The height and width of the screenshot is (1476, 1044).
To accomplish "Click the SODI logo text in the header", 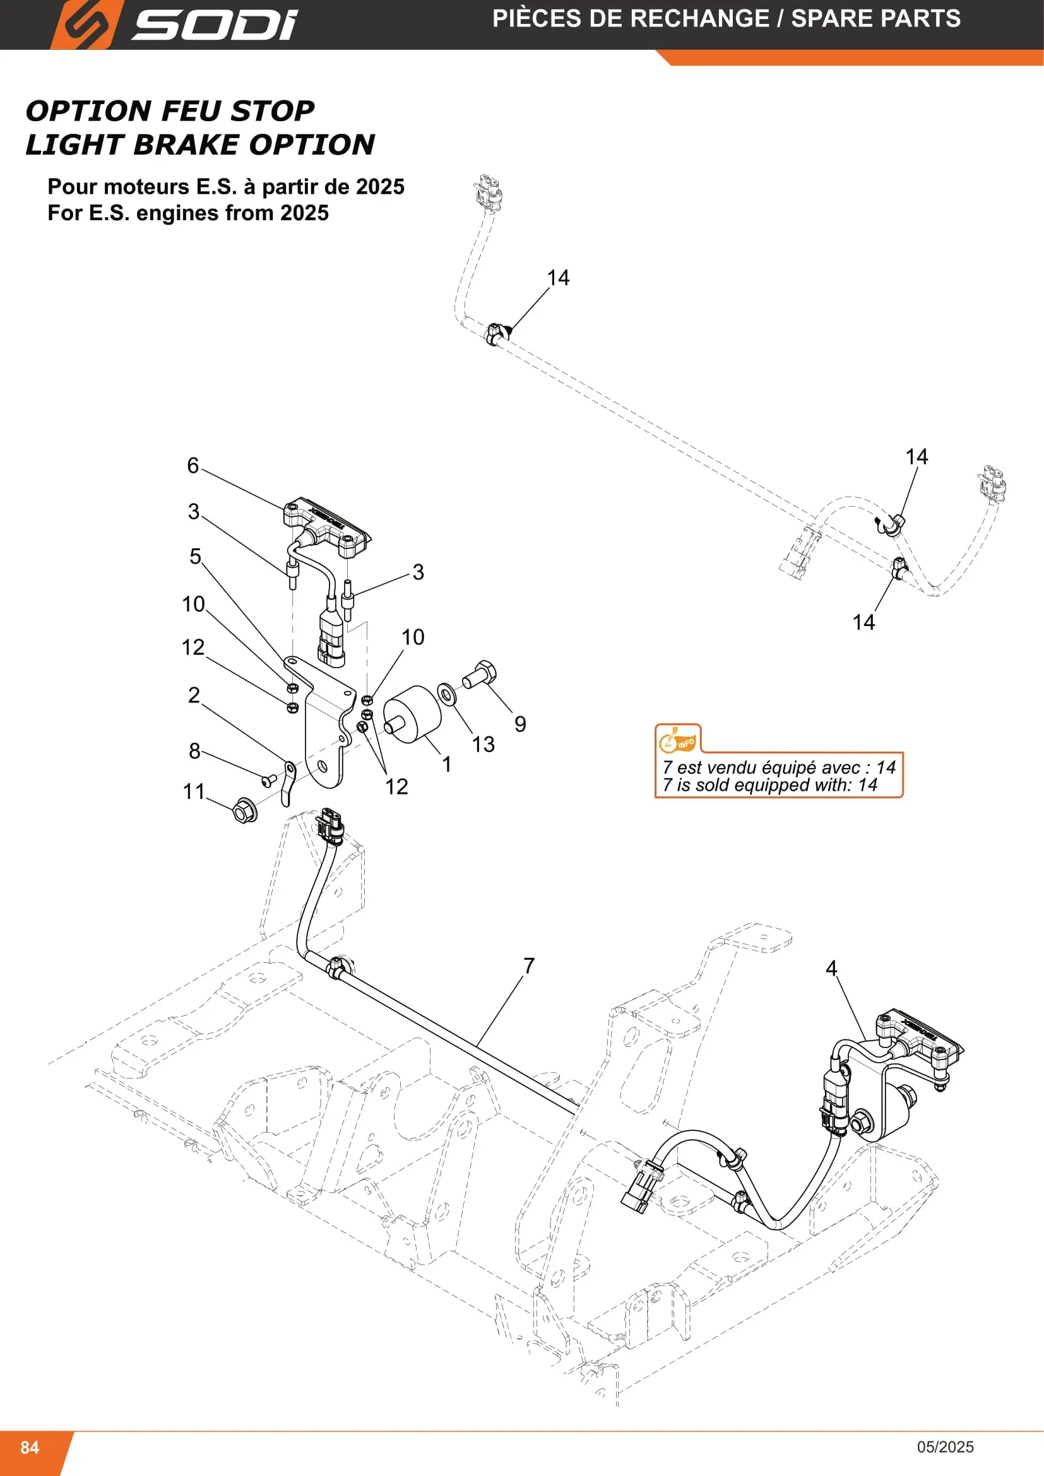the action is (x=215, y=25).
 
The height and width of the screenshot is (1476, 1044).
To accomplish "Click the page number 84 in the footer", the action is (x=30, y=1447).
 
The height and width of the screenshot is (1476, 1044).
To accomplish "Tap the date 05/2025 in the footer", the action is (x=945, y=1447).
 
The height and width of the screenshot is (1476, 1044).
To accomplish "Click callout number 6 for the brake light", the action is (x=193, y=466).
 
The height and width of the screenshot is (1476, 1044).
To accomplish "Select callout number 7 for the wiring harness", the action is (x=529, y=965).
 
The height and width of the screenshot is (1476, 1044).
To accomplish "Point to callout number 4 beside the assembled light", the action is (x=831, y=968).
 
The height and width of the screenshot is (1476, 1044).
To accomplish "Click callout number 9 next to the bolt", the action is (x=520, y=724).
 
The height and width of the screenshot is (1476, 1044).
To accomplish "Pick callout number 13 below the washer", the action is (x=483, y=745).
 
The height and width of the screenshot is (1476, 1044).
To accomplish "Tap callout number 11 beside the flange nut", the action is (x=194, y=791).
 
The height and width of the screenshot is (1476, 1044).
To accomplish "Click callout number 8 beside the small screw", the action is (x=195, y=751).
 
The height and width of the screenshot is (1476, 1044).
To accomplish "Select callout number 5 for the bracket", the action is (x=196, y=556).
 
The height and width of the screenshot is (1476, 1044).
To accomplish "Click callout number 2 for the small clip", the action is (x=194, y=695).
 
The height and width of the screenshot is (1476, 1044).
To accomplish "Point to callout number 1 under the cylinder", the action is (x=447, y=764).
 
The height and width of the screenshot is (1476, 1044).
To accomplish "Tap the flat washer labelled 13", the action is (x=447, y=694).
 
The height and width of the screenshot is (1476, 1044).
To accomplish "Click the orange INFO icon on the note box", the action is (x=677, y=740).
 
